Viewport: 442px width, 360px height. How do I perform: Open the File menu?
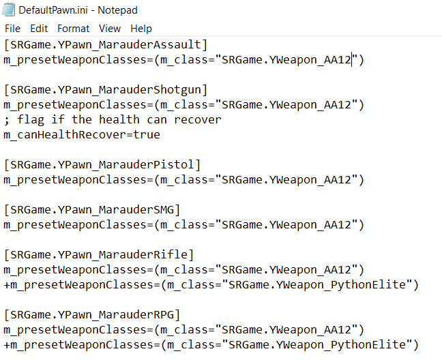(x=12, y=29)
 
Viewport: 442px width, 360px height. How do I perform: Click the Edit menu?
(x=39, y=29)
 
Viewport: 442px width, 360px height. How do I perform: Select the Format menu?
(x=73, y=29)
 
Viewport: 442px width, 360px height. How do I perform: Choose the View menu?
(x=109, y=29)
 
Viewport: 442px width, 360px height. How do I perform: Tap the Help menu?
(x=141, y=29)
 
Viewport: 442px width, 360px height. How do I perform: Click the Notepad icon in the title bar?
(x=8, y=10)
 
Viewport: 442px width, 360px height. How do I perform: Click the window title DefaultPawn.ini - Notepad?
(x=78, y=10)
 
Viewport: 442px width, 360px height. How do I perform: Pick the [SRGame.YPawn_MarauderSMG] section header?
(x=92, y=210)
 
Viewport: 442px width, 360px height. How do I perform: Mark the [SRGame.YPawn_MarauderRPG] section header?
(x=92, y=315)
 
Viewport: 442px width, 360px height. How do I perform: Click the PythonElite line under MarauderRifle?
(x=211, y=285)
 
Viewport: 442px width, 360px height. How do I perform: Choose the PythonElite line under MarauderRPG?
(x=211, y=345)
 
